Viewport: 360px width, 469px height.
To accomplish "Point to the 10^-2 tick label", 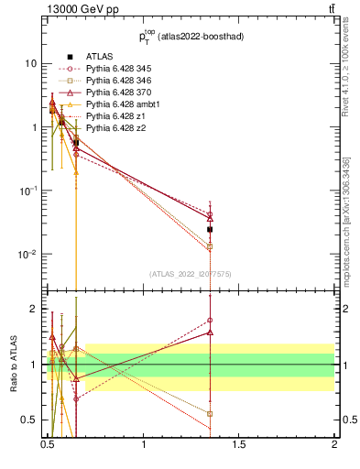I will [30, 254].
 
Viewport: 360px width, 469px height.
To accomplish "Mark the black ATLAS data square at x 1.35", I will [211, 229].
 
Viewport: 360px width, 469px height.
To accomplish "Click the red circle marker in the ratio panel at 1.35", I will [211, 321].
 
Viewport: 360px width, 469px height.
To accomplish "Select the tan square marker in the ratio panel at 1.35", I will [211, 413].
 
